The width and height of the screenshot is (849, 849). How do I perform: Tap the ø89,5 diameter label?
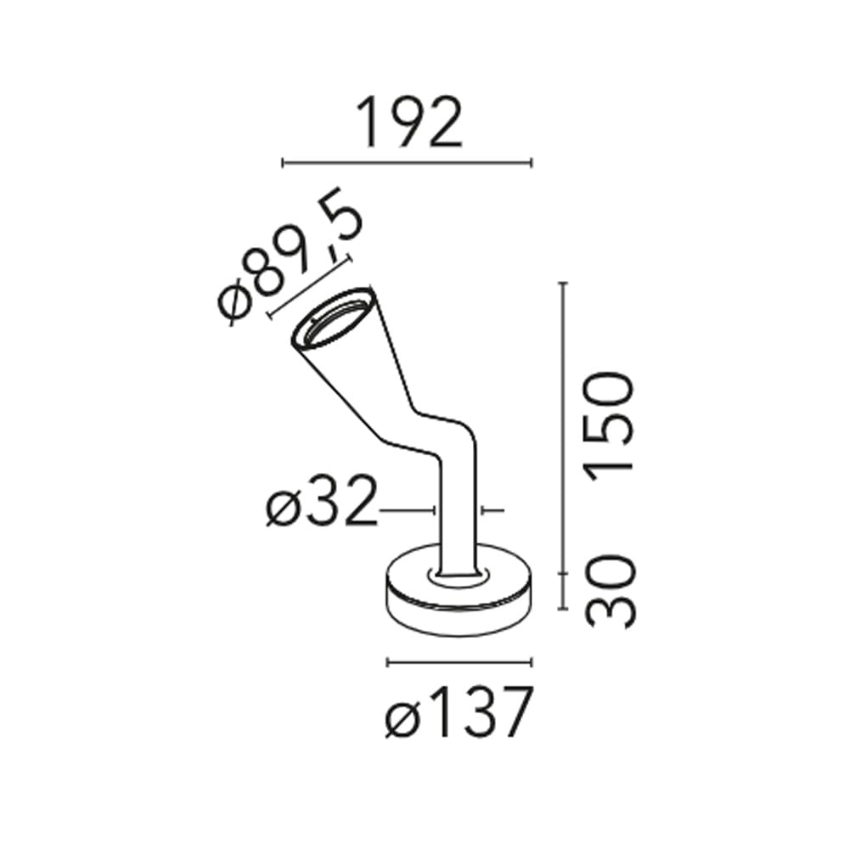pos(290,256)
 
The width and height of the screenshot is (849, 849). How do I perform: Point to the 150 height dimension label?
pos(609,427)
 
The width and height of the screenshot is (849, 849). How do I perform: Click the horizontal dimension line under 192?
pos(408,162)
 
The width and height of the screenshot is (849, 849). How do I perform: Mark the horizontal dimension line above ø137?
pos(459,662)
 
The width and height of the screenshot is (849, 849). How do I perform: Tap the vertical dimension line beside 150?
pos(563,428)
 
